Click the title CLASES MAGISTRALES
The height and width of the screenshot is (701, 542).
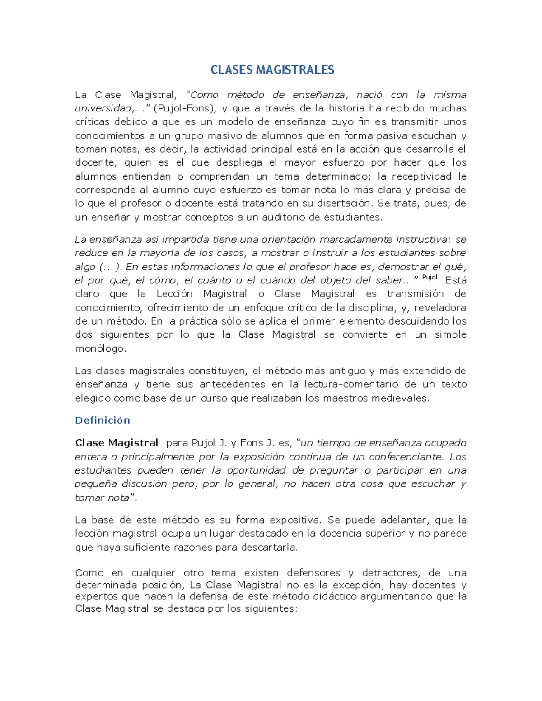[x=272, y=70]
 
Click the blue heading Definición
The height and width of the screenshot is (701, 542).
[x=103, y=420]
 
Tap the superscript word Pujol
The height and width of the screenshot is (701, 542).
[x=430, y=278]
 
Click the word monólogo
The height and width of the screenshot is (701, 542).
[x=101, y=348]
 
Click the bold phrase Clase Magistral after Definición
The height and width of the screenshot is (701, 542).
[x=117, y=443]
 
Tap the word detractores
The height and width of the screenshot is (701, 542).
[x=391, y=573]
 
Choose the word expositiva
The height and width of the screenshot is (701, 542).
[x=294, y=520]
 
